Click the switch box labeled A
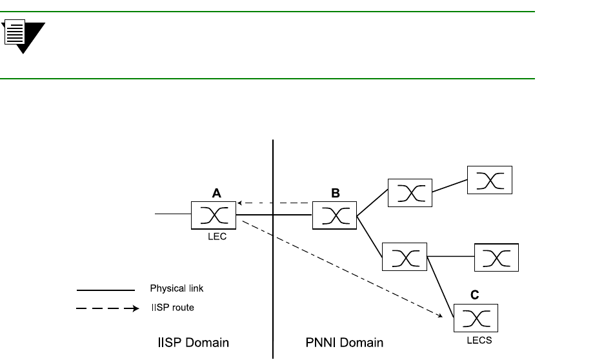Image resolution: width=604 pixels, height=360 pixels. click(x=214, y=215)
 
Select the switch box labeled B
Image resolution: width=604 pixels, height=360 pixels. click(x=334, y=215)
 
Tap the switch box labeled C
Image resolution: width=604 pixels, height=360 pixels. click(x=476, y=317)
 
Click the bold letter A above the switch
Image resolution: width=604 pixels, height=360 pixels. click(x=217, y=192)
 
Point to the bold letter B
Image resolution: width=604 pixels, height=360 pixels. click(x=336, y=192)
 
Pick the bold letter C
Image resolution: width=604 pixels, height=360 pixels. click(x=475, y=295)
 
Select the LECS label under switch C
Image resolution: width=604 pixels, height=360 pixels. click(x=479, y=340)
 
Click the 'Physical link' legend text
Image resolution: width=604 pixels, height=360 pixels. click(x=176, y=288)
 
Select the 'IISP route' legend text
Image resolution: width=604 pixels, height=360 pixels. click(x=172, y=308)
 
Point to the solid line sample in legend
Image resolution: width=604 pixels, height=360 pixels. click(x=105, y=290)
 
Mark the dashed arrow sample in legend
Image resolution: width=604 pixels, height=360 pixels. click(x=107, y=309)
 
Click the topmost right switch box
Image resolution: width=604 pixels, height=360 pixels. click(x=490, y=180)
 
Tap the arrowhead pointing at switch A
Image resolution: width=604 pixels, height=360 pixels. click(x=239, y=203)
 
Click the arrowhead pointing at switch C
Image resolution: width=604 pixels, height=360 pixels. click(x=443, y=316)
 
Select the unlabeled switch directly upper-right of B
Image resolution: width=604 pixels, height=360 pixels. click(x=410, y=193)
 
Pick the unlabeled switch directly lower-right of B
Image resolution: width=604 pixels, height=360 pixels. click(x=405, y=256)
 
